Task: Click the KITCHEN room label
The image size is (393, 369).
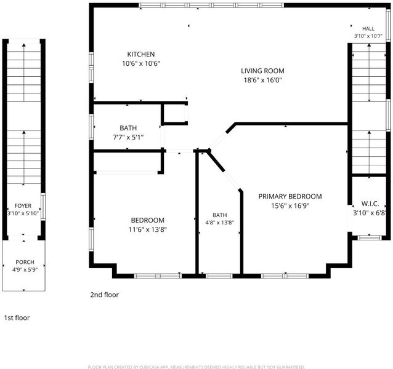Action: [141, 54]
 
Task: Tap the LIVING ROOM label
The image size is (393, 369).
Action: [262, 71]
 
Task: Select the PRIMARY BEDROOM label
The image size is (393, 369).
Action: [290, 196]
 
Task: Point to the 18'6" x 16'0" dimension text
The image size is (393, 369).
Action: [263, 80]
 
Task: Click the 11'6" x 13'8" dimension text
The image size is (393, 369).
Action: [148, 229]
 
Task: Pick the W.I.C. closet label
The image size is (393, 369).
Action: [370, 204]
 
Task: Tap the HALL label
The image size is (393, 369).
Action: [368, 29]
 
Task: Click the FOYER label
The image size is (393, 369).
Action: [23, 206]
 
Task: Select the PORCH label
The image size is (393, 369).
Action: [25, 262]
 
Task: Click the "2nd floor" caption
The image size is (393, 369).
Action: [105, 295]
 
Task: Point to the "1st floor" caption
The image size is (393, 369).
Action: [17, 318]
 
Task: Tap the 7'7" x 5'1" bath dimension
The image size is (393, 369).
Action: [128, 137]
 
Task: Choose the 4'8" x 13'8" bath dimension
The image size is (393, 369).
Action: [220, 223]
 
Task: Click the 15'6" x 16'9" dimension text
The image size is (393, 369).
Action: [290, 206]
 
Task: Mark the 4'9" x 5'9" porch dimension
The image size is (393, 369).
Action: [25, 270]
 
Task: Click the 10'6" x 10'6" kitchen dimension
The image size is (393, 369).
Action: [141, 63]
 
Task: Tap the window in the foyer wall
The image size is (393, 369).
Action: [43, 207]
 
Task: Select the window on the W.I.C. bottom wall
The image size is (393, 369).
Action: [370, 237]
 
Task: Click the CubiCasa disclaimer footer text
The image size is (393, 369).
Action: [197, 367]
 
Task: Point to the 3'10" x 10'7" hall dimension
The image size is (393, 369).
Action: [368, 36]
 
